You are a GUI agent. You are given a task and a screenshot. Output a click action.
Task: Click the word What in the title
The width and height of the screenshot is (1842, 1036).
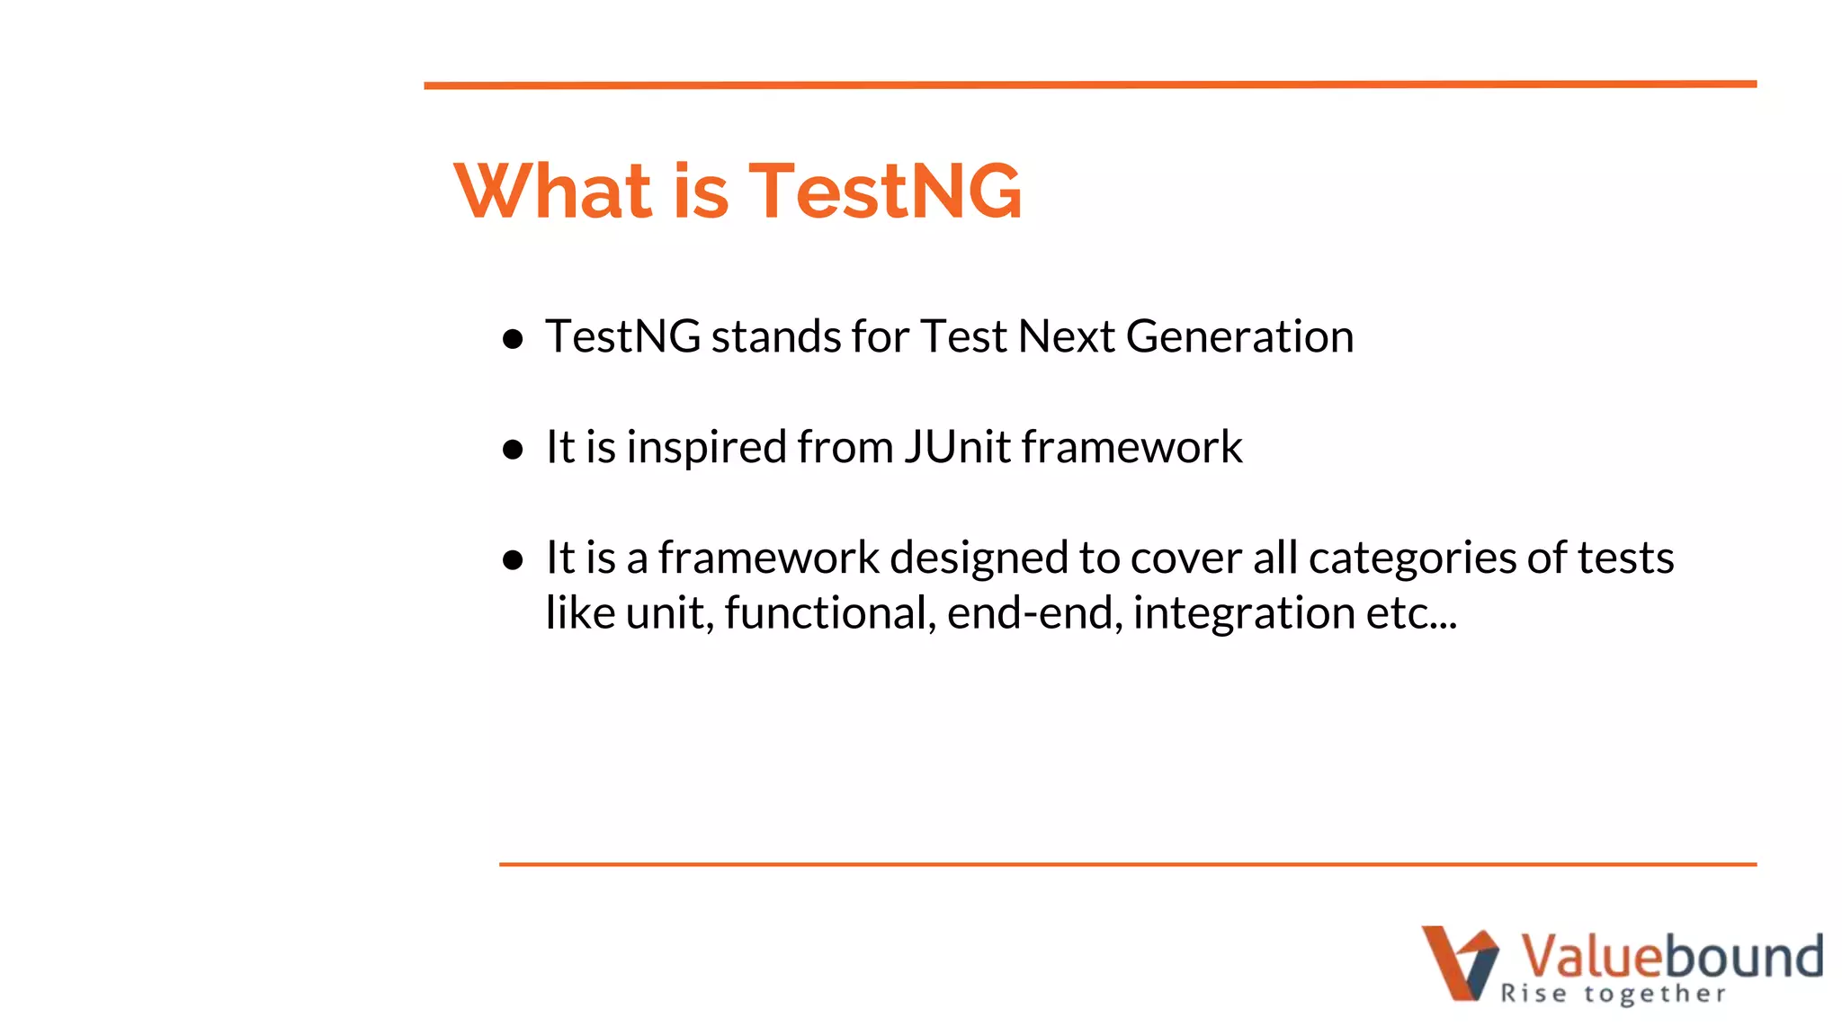552,191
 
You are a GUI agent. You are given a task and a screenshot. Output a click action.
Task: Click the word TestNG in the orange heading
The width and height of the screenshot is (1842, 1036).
885,191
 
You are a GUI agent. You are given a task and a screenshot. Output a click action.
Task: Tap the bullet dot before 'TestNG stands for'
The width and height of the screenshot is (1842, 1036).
513,339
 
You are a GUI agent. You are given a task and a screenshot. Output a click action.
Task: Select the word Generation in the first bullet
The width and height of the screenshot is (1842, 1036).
1239,337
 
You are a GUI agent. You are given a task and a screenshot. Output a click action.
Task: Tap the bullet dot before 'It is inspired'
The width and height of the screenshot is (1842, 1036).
513,449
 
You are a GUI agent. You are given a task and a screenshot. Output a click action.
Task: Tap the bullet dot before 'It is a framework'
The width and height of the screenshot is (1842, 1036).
513,560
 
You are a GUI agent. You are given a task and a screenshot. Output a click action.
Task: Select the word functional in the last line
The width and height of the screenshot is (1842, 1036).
830,613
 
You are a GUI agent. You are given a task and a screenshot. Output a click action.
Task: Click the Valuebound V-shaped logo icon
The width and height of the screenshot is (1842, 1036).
1459,962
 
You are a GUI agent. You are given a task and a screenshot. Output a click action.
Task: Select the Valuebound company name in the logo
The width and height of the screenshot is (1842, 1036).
1671,955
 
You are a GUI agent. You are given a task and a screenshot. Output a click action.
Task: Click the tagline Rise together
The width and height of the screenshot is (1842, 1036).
1613,994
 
